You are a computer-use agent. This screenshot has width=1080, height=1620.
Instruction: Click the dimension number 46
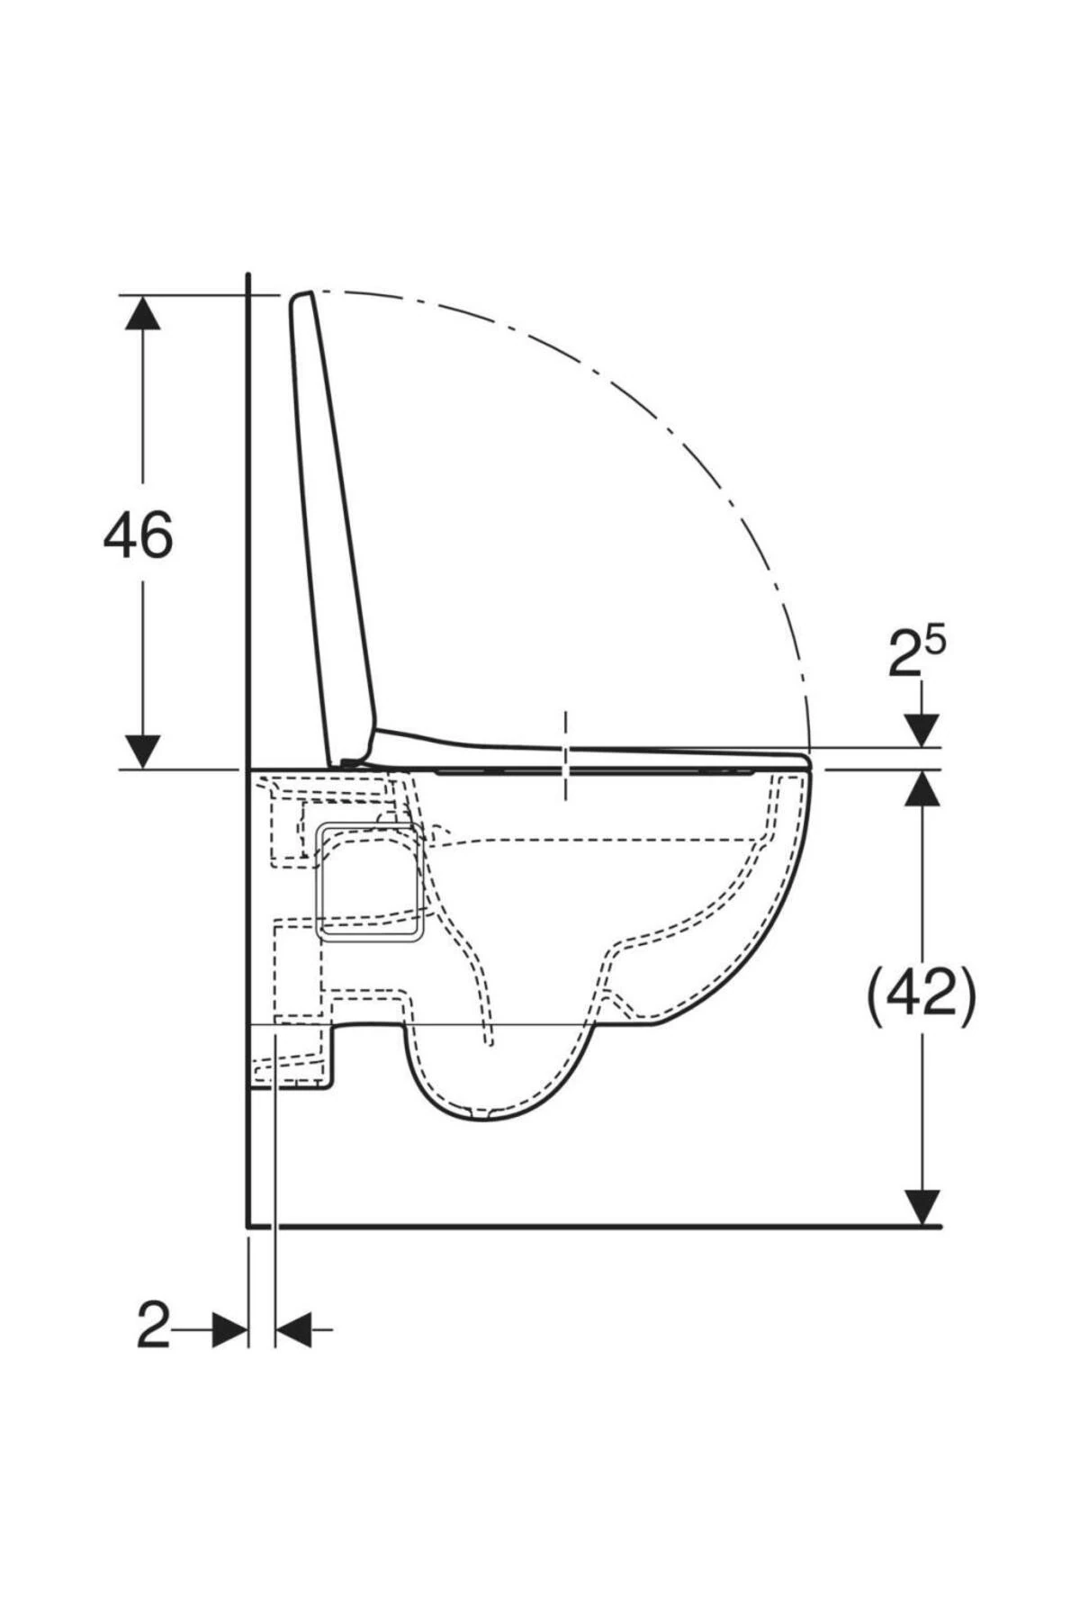point(138,535)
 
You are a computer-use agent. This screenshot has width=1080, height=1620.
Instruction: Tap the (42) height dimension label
point(921,995)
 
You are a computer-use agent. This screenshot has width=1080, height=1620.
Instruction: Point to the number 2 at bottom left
point(153,1327)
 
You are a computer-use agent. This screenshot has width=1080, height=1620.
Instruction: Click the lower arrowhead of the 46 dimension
point(142,751)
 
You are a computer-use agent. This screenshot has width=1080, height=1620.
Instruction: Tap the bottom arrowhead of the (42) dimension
point(922,1207)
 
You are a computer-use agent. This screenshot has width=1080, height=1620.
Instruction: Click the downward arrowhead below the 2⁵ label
point(922,730)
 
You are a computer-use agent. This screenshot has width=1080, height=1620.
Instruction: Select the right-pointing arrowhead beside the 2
point(229,1328)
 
